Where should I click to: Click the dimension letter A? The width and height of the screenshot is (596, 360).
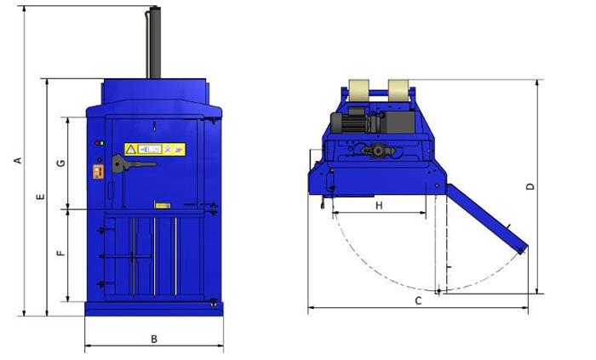[18, 161]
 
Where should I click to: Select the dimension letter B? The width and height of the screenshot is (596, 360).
[154, 339]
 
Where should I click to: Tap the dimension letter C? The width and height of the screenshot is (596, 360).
[418, 301]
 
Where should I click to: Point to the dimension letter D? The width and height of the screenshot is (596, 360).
[530, 186]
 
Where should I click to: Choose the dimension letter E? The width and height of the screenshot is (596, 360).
[40, 197]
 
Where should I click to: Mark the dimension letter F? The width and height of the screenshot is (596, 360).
[60, 253]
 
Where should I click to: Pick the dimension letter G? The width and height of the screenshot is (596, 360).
[60, 163]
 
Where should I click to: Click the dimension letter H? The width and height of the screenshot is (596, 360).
[379, 205]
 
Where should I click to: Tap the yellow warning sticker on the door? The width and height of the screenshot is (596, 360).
[155, 149]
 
